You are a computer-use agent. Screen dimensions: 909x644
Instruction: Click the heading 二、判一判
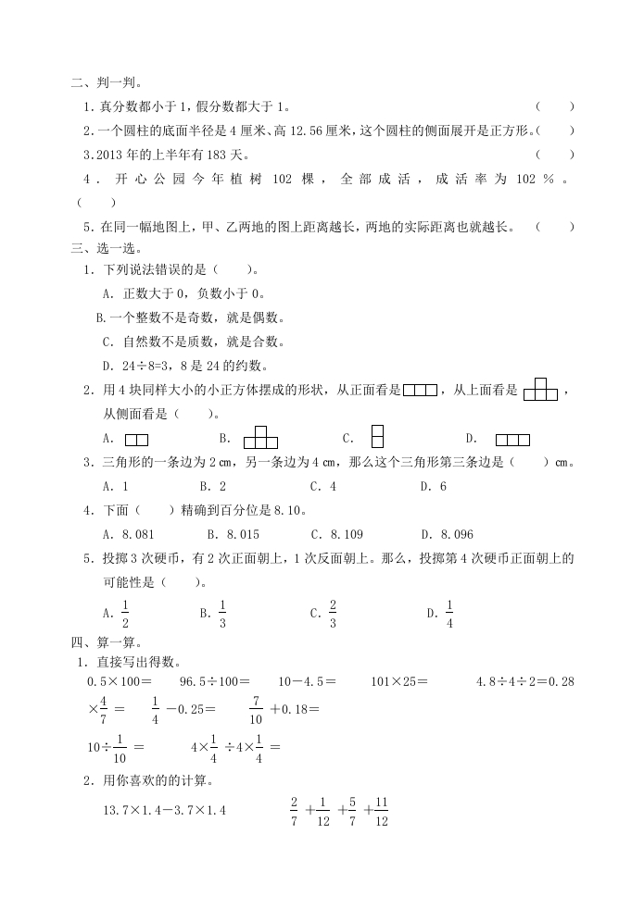point(106,83)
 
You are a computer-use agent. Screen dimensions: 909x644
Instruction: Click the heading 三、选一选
point(106,248)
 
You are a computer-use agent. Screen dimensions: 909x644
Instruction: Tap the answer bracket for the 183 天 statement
point(554,155)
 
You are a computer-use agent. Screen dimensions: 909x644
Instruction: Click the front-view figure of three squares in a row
point(420,391)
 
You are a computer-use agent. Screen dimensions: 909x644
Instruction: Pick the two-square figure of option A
point(136,440)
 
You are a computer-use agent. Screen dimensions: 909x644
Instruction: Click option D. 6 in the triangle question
point(433,486)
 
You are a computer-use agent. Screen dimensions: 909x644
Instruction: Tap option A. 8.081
point(128,534)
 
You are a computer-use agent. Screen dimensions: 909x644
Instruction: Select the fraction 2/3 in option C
point(332,613)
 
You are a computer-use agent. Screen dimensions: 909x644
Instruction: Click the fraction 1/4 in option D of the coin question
point(448,613)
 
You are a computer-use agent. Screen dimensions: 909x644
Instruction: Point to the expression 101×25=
point(399,681)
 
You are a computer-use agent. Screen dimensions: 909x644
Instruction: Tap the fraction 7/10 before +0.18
point(256,710)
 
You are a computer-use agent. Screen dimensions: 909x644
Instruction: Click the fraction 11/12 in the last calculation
point(381,811)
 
